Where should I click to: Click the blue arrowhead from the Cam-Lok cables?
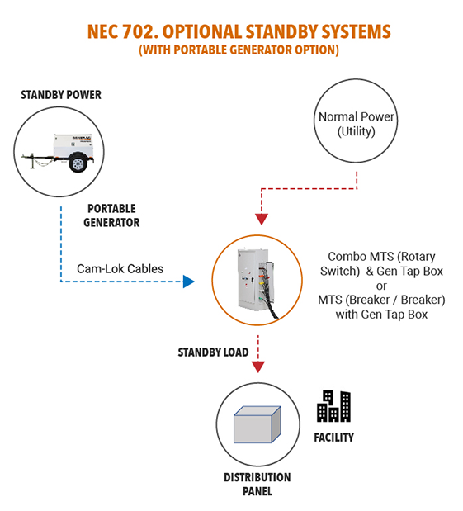(x=189, y=282)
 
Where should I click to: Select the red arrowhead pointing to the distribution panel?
(x=258, y=367)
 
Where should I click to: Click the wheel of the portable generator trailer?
(x=78, y=163)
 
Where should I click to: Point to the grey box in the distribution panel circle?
(x=257, y=424)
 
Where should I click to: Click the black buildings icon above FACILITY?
(x=333, y=405)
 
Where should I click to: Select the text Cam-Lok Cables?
(x=120, y=269)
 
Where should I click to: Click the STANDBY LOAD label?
(x=213, y=352)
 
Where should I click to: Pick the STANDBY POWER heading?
(x=61, y=95)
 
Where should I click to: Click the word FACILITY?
(x=334, y=438)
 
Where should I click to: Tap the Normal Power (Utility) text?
(x=357, y=124)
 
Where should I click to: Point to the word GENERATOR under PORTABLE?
(x=111, y=223)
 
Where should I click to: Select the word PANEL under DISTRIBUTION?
(x=257, y=491)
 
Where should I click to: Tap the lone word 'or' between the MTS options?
(x=381, y=286)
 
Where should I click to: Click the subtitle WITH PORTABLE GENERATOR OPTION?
(x=239, y=50)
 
